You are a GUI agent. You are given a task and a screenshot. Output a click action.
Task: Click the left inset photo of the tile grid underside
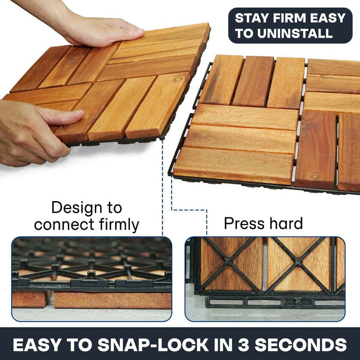[91, 279]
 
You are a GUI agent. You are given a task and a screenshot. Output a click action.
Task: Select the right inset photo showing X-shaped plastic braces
[265, 279]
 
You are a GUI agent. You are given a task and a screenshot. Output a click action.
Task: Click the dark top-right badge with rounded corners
[290, 25]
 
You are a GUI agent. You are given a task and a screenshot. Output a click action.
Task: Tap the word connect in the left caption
[63, 224]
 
